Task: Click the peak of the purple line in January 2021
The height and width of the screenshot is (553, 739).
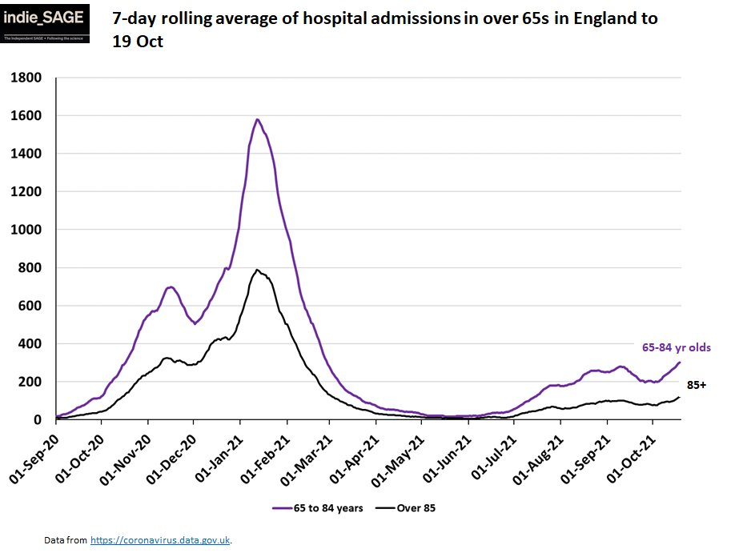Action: tap(257, 119)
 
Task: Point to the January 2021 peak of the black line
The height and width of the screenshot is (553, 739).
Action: tap(257, 270)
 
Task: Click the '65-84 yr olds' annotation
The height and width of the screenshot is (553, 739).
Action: tap(676, 347)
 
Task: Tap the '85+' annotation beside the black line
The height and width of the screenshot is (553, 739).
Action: tap(697, 385)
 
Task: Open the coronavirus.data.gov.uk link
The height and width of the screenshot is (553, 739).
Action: tap(160, 540)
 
